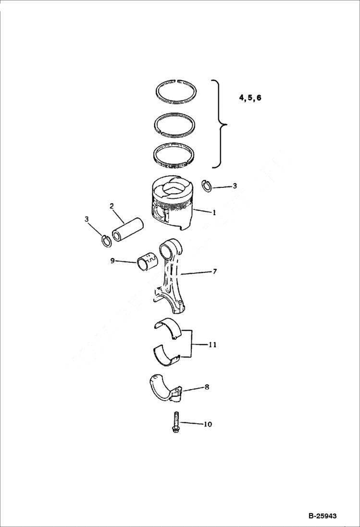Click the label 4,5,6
[250, 98]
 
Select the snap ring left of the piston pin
[106, 240]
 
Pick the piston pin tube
[128, 229]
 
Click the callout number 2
[112, 207]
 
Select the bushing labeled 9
[147, 262]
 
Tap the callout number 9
[112, 261]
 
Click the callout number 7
[214, 272]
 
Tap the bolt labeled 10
[176, 422]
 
